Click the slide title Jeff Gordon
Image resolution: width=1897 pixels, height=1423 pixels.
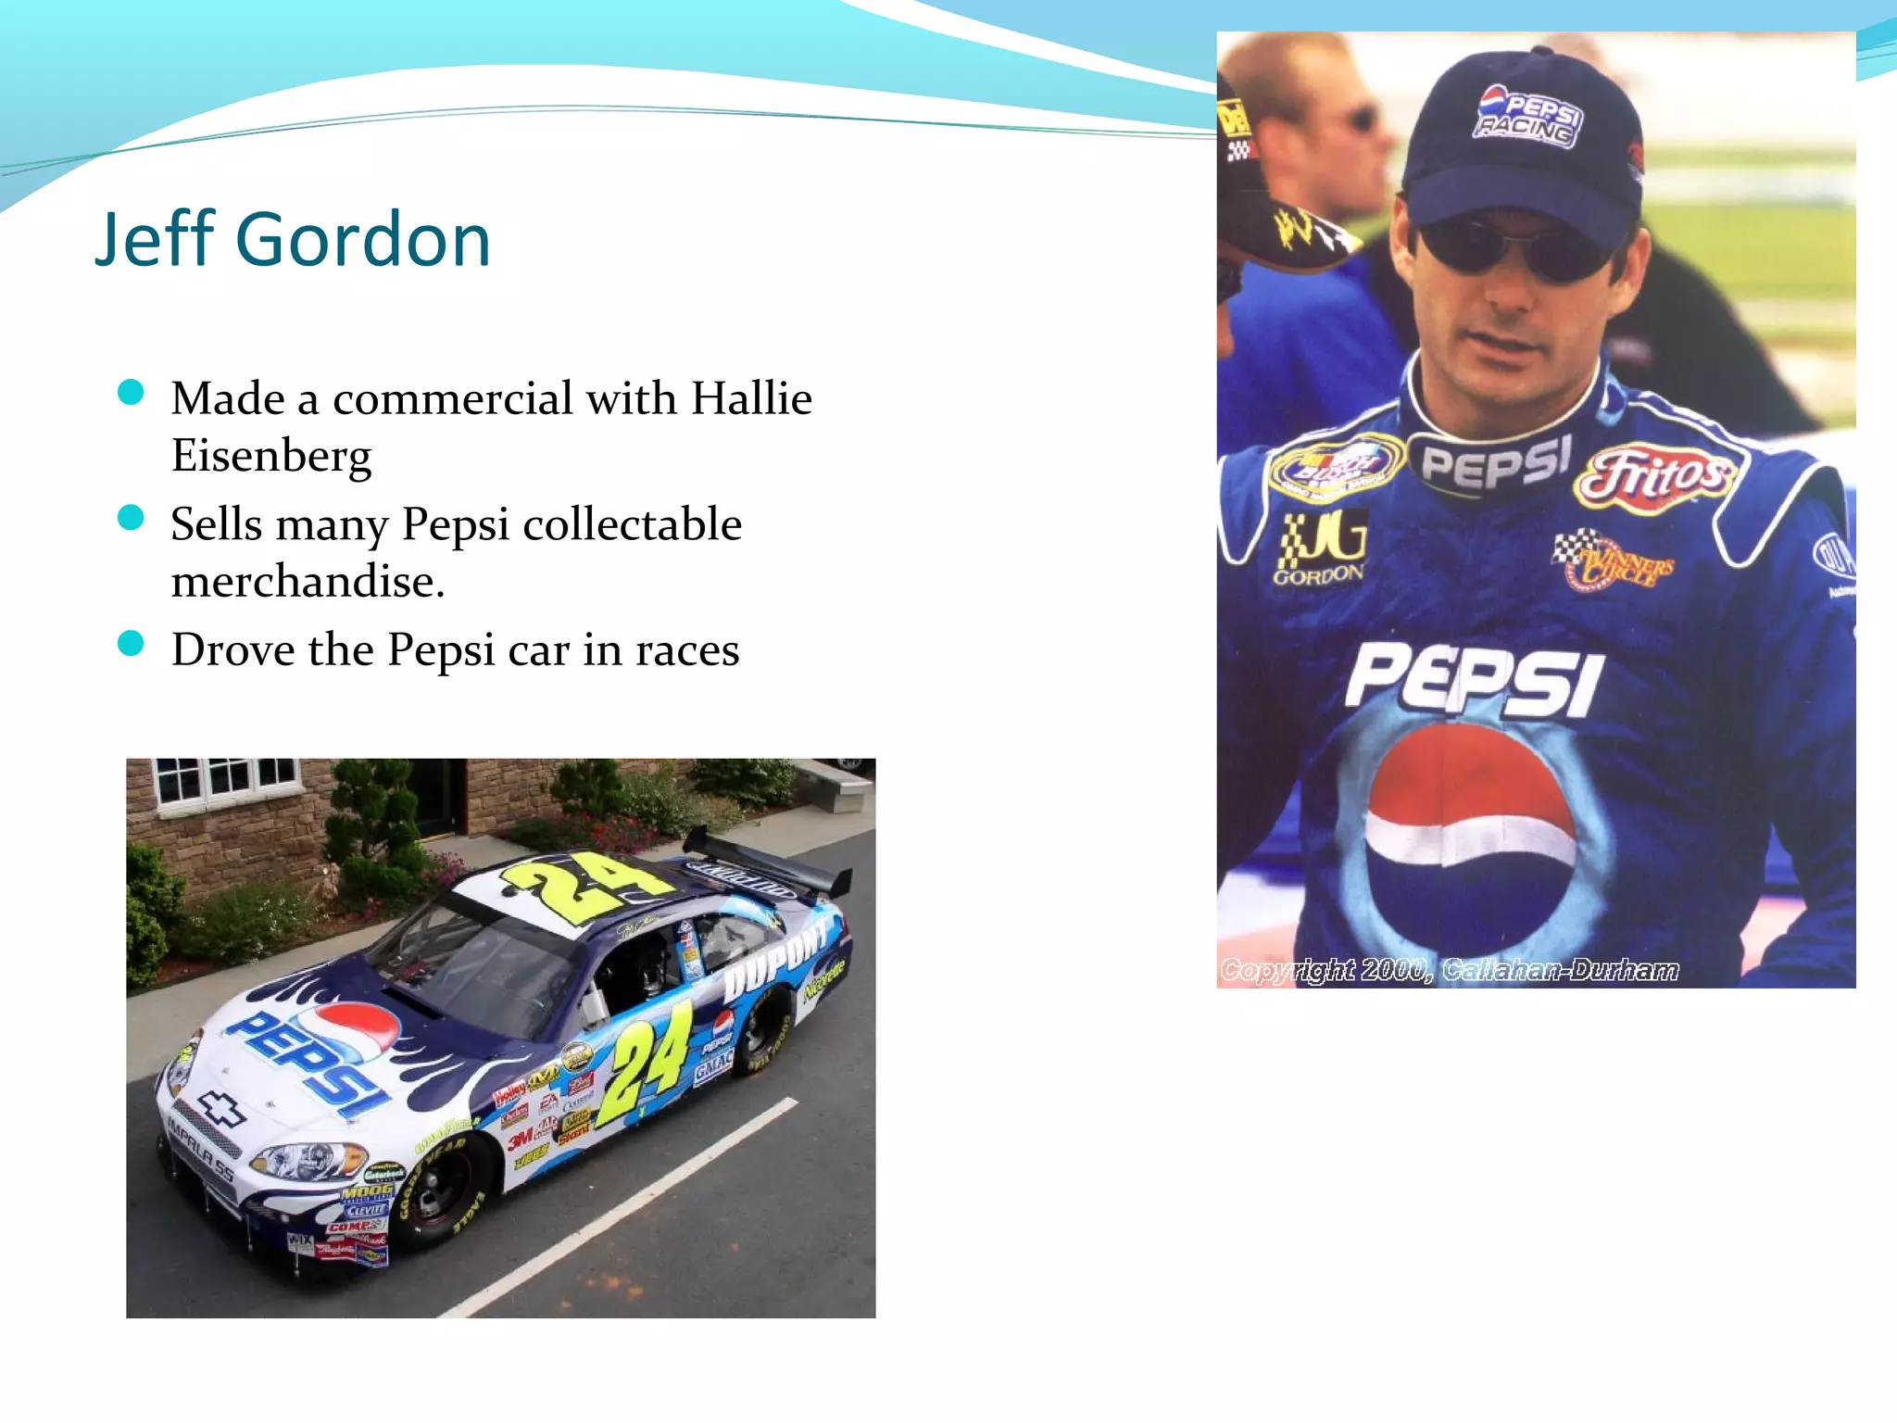[292, 239]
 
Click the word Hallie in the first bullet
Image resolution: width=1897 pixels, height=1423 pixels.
[751, 399]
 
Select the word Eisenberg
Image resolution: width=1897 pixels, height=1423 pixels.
[271, 456]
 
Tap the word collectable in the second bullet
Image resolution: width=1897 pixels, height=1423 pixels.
[632, 525]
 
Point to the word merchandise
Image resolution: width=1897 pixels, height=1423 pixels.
[308, 582]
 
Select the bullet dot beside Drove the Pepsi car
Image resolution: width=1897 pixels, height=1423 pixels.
[132, 643]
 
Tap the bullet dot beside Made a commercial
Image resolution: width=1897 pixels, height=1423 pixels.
[132, 393]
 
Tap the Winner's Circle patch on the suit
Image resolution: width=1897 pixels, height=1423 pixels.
[1616, 560]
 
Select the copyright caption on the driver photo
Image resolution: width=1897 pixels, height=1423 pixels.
[1449, 970]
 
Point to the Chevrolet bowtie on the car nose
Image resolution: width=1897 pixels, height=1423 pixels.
[222, 1109]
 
